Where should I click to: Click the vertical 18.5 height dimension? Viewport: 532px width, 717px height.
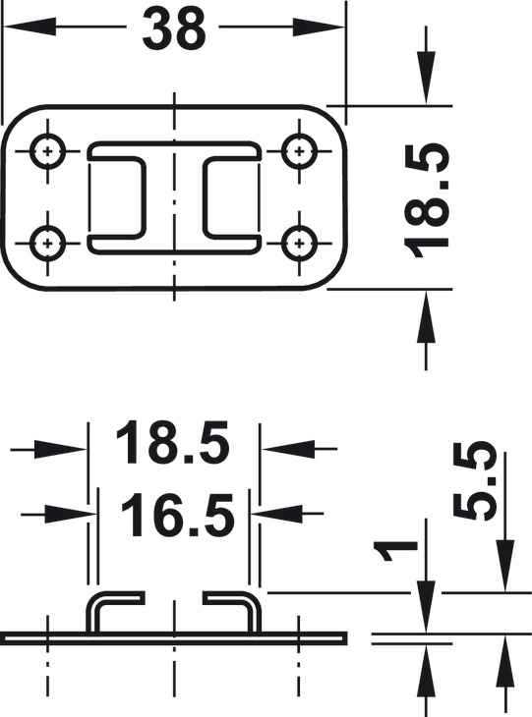[x=425, y=200]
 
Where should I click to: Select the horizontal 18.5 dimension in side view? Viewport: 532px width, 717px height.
[x=172, y=443]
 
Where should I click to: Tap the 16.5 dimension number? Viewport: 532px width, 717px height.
[x=177, y=516]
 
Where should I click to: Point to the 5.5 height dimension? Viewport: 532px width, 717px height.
[x=474, y=480]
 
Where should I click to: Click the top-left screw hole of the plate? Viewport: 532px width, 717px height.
[x=47, y=151]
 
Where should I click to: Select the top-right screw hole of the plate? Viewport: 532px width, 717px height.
[x=299, y=151]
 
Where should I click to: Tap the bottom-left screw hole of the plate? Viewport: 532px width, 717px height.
[x=47, y=243]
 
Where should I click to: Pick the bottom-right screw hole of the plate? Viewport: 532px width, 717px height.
[x=299, y=243]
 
